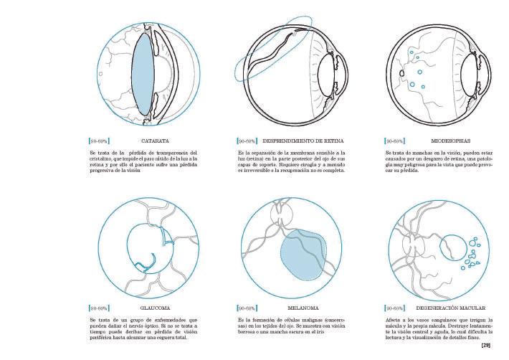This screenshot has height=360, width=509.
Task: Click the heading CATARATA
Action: [155, 141]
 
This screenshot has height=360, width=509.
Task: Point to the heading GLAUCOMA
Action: [156, 308]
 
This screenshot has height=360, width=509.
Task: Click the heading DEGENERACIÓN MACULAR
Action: [451, 308]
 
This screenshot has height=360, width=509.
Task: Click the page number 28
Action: [485, 346]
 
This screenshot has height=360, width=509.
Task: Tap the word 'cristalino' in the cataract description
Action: [103, 158]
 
